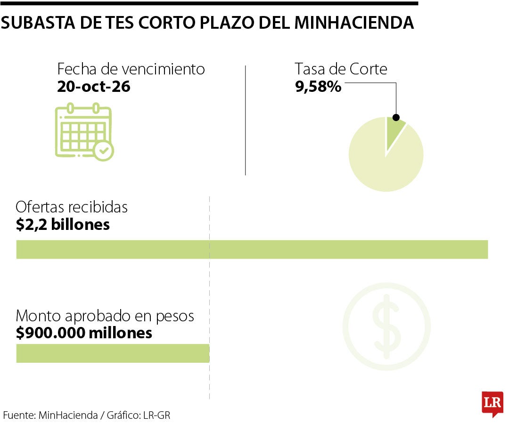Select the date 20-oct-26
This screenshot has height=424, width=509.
coord(93,87)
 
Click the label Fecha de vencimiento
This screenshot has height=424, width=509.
coord(131,69)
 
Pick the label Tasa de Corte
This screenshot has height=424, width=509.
coord(341,69)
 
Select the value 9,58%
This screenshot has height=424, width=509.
coord(318,87)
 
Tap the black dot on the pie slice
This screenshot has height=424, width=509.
coord(396,117)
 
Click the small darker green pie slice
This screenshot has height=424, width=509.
coord(394,129)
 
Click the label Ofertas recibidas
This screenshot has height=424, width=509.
coord(72,207)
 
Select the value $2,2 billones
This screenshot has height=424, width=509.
coord(63,224)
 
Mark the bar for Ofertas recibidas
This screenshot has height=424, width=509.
coord(252,249)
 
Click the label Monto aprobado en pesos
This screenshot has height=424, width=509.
coord(105,316)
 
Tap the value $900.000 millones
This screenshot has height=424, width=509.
coord(84,333)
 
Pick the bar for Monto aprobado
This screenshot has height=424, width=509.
coord(113,353)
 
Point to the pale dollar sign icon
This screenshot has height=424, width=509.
coord(386,326)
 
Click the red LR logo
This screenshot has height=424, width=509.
coord(492,403)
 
